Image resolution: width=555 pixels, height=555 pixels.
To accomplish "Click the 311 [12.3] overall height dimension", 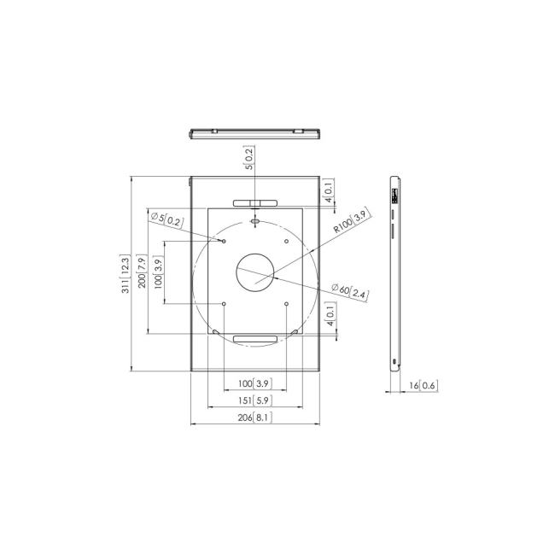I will pos(126,275).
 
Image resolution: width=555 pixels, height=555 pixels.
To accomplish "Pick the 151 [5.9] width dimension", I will pos(254,399).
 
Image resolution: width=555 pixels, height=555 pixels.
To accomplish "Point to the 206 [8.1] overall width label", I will pos(254,417).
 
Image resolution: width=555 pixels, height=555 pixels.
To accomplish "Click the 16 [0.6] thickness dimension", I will pos(422,386).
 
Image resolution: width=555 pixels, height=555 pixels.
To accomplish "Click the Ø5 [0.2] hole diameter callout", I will pos(166,220).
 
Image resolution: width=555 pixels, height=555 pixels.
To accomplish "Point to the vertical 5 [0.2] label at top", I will pos(248,159).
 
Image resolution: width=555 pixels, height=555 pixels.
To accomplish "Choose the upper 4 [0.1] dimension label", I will pos(329,190).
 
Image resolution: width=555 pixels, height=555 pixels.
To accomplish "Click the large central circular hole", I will pos(255,272).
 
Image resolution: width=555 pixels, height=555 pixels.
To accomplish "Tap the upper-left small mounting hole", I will pos(224,241).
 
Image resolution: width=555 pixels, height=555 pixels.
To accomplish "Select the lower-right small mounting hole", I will pos(287,304).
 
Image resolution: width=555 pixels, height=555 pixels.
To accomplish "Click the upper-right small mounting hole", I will pos(287,241).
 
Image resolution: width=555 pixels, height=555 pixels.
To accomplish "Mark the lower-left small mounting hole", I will pos(224,304).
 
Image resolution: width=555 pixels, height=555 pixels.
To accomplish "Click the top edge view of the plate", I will pos(254,133).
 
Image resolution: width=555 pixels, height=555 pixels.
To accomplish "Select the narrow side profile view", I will pos(394,272).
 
